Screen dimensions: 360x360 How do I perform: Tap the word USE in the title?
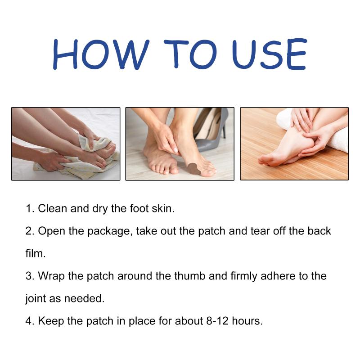point(270,54)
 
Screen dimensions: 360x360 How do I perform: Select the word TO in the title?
point(190,54)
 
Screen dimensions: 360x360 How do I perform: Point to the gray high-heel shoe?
point(210,131)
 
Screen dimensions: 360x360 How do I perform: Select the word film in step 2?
point(36,253)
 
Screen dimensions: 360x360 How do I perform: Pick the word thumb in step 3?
point(189,276)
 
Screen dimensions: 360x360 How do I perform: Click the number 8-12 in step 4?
point(217,321)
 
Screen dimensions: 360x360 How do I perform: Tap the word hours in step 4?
point(247,321)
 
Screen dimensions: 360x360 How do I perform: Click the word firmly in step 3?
point(244,276)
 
